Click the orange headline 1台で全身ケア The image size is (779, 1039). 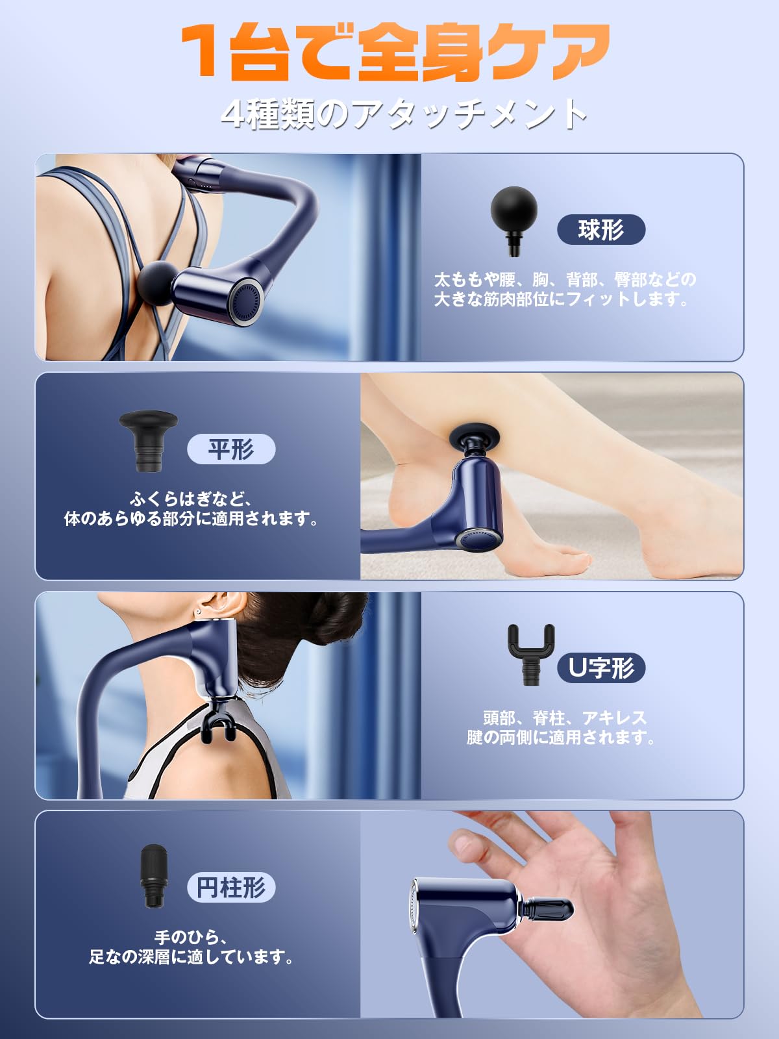(395, 52)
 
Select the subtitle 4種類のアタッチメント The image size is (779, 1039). (404, 114)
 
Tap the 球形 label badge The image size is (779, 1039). (601, 230)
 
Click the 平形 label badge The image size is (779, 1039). (231, 449)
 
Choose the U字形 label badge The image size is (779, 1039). (601, 668)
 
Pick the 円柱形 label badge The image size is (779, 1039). (231, 887)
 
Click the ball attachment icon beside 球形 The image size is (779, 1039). (514, 218)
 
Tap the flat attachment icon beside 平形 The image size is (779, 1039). (148, 438)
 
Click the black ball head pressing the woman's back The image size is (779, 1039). (156, 283)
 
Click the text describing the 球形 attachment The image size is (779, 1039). (565, 289)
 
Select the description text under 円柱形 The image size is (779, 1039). (192, 947)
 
